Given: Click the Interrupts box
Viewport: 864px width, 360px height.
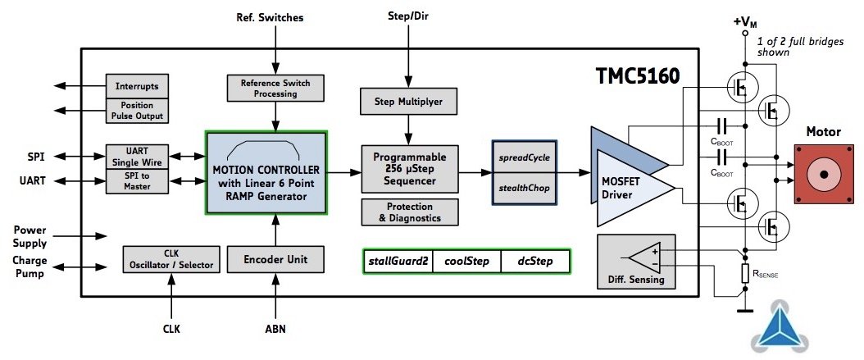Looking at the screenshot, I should click(x=137, y=85).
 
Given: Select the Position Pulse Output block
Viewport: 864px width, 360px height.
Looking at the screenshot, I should click(x=137, y=110).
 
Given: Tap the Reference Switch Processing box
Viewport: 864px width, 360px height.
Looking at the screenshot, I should click(x=275, y=88).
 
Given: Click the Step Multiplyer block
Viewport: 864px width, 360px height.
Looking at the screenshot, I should click(x=409, y=101).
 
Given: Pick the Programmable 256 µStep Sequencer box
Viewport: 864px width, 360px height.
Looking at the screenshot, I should click(x=409, y=169).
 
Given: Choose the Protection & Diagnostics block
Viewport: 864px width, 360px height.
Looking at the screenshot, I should click(x=409, y=212).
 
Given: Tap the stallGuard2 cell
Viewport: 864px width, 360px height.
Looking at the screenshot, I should click(x=397, y=262).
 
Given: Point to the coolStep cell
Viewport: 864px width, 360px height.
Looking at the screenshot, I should click(x=466, y=262).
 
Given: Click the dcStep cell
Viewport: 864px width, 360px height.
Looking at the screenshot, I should click(x=534, y=262).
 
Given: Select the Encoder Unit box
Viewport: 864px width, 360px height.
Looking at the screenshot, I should click(x=275, y=259).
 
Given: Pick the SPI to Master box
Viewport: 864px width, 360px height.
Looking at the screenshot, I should click(x=137, y=181).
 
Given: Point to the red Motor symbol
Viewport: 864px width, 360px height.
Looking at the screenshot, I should click(x=822, y=175).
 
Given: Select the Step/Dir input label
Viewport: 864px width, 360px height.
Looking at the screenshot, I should click(x=409, y=16).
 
